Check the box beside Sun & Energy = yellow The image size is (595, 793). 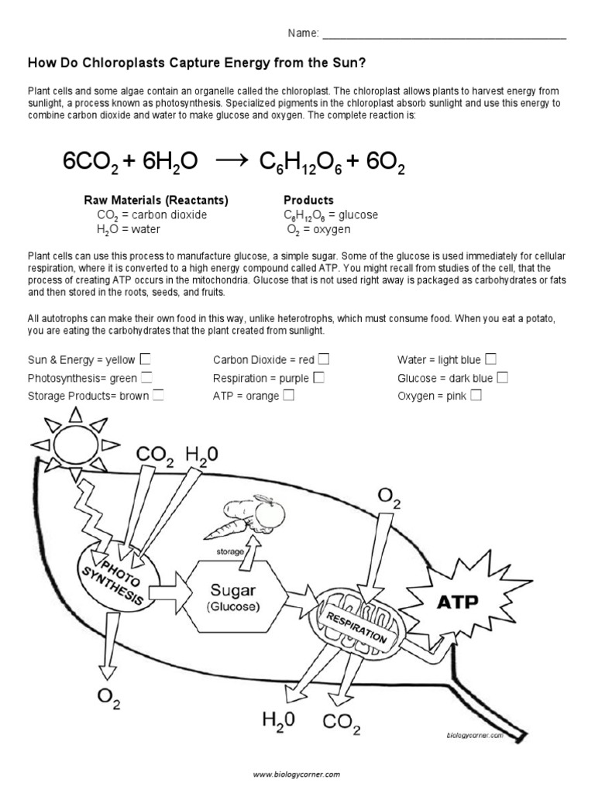(146, 359)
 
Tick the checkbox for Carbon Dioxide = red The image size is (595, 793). (324, 359)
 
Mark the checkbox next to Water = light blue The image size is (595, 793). (490, 359)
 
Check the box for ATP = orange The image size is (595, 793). (288, 396)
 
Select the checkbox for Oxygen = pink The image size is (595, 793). (476, 396)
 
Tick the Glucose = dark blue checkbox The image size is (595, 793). (502, 377)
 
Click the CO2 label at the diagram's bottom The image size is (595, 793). (341, 726)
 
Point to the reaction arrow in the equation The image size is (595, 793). (229, 160)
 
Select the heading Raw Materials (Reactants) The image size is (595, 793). (156, 200)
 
